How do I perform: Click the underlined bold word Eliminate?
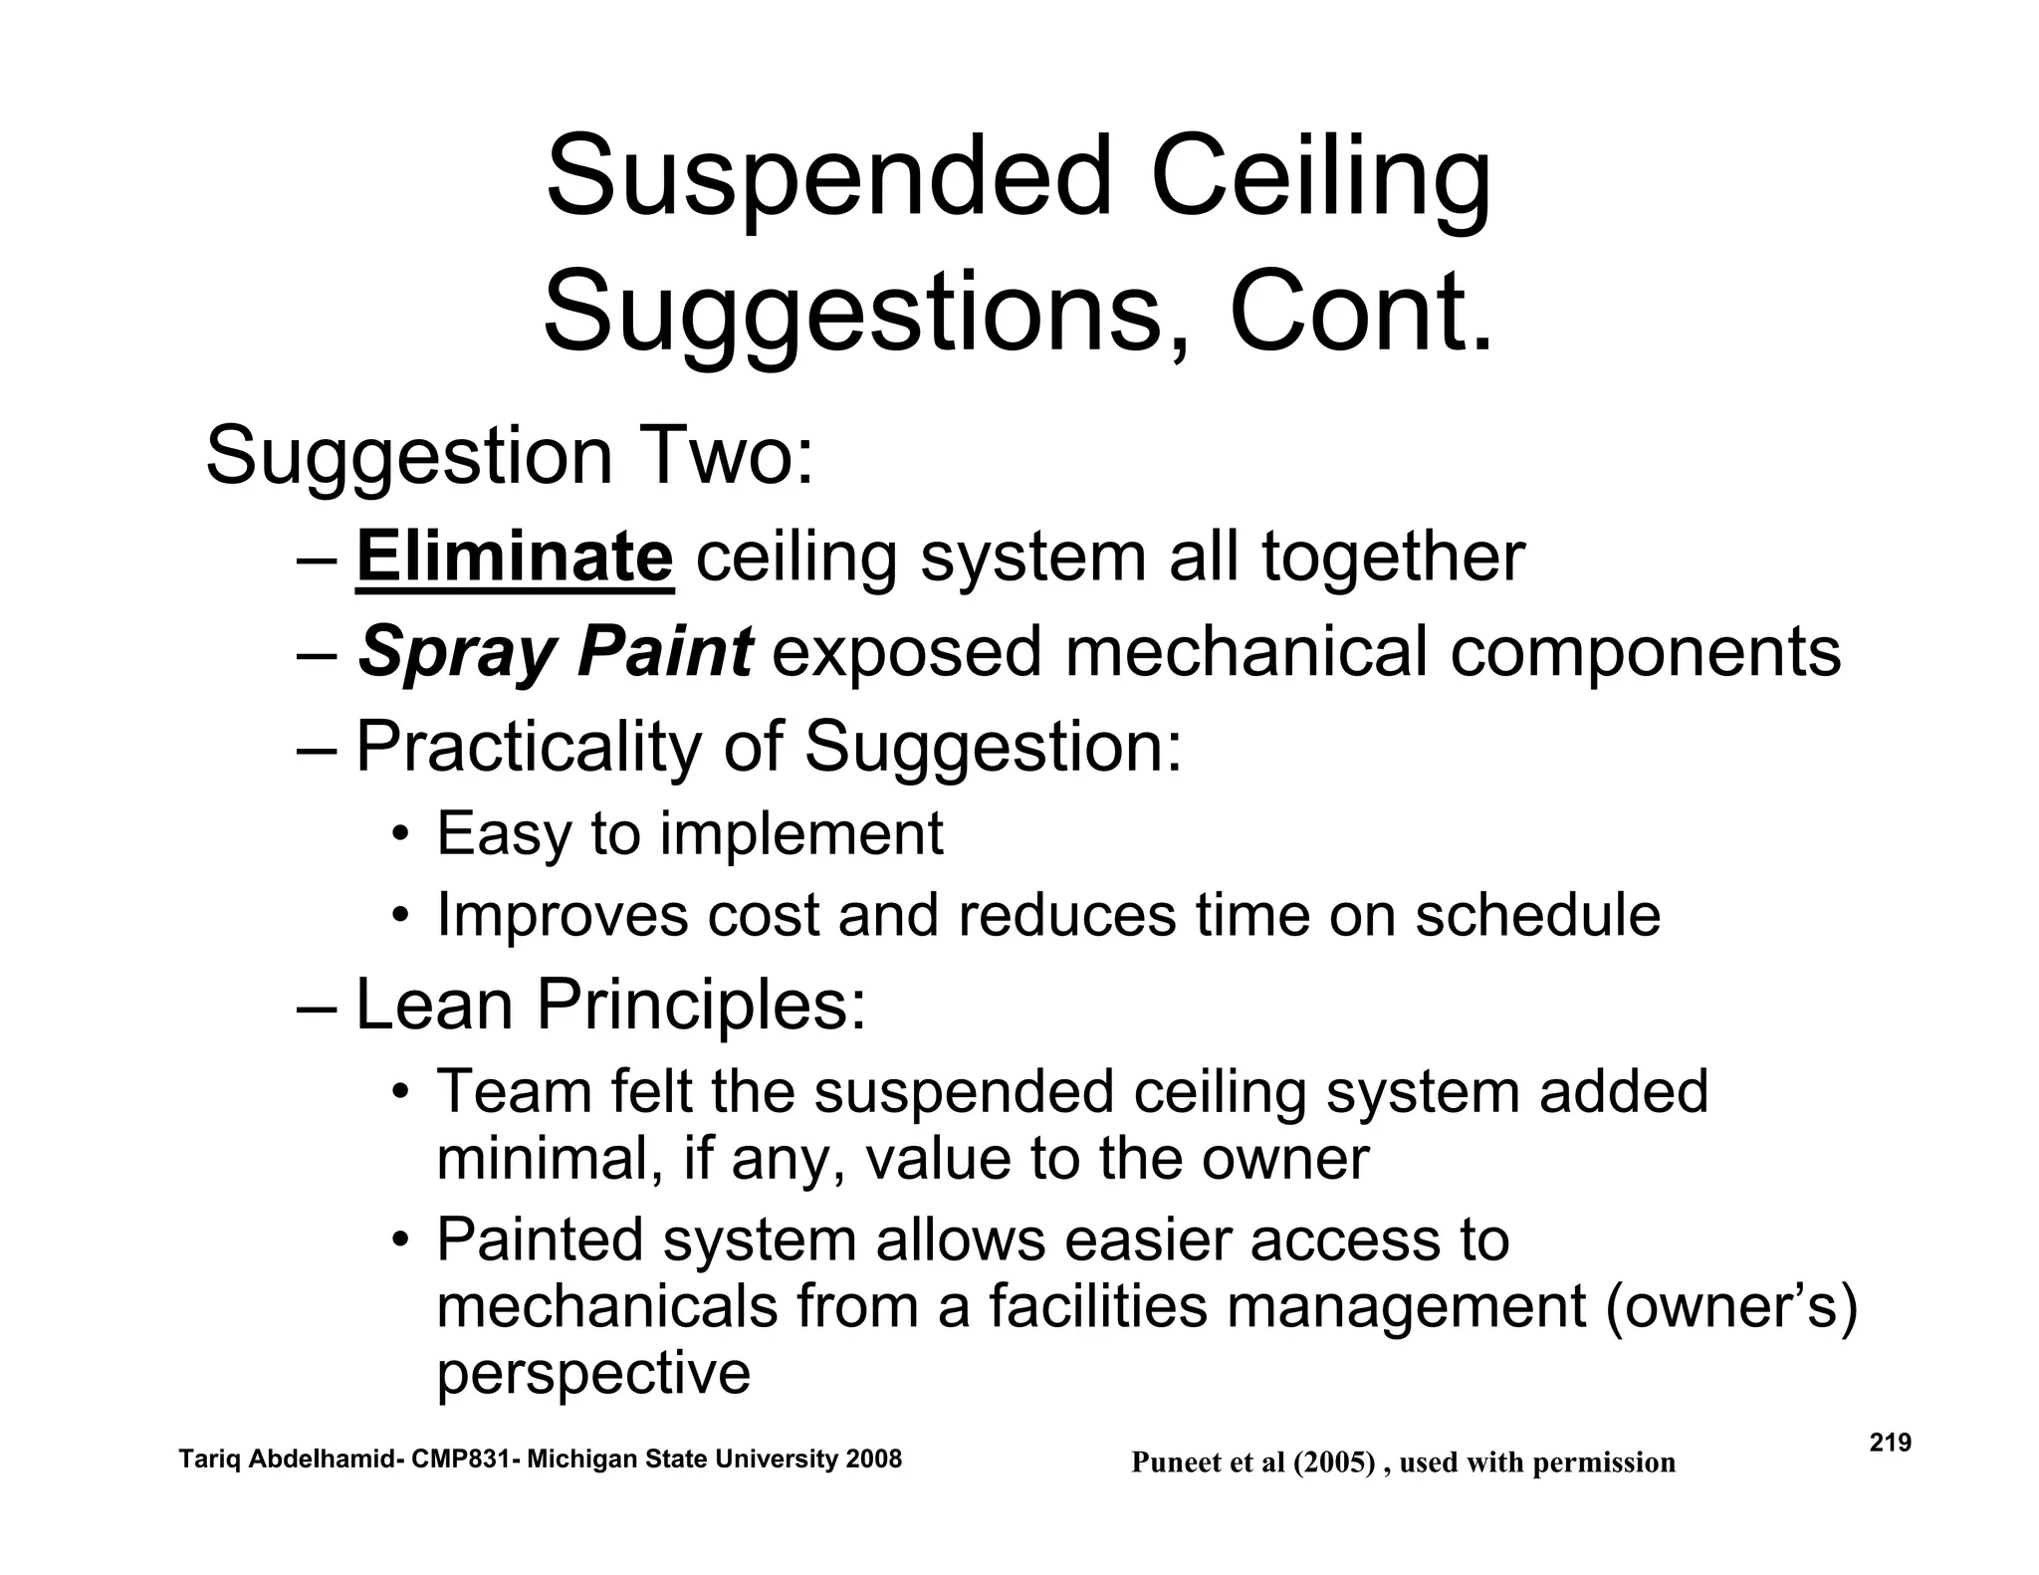pos(515,558)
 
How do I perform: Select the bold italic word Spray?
pos(457,653)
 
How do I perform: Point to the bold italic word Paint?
pos(665,652)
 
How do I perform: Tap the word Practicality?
pos(529,747)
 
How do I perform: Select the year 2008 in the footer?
pos(872,1460)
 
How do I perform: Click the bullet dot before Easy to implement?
pos(399,834)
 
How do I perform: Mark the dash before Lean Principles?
pos(318,1006)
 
